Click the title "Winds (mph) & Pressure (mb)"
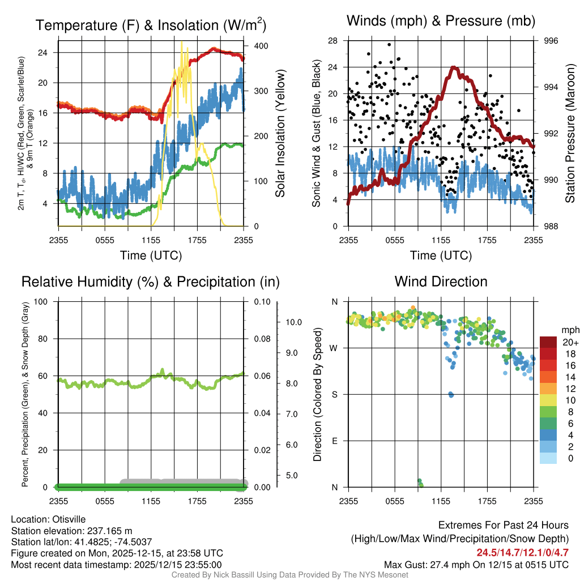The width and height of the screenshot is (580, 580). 441,22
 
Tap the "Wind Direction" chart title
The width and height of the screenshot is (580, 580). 441,282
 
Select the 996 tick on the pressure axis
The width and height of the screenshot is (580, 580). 551,41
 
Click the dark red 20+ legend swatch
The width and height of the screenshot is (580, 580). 548,342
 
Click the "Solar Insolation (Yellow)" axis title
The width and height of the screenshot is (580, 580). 280,134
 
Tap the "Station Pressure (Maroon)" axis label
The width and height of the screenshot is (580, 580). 570,134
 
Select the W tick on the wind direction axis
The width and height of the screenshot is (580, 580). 335,348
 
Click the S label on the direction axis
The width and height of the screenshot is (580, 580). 335,394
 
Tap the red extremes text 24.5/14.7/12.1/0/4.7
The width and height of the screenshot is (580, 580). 522,553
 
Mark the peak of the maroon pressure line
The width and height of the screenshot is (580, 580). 454,67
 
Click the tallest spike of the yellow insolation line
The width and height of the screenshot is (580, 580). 181,42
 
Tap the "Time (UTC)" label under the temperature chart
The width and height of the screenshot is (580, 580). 151,255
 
